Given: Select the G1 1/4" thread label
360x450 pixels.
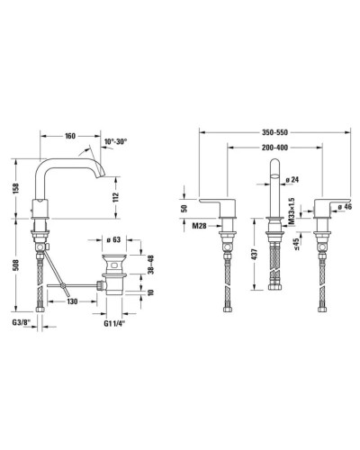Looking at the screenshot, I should [117, 322].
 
